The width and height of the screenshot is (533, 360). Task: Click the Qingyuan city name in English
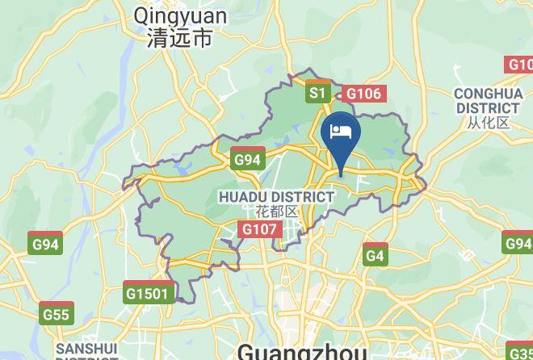pos(180,15)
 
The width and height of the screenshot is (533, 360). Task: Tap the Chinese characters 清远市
pos(180,38)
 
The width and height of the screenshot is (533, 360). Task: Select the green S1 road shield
pos(317,94)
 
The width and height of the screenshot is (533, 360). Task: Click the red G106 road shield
pos(363,94)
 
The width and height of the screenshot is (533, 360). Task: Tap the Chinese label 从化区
pos(488,123)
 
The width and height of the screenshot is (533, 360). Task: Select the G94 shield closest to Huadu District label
pos(248,159)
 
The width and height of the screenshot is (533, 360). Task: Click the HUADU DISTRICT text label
pos(276,196)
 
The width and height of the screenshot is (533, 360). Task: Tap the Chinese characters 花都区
pos(276,211)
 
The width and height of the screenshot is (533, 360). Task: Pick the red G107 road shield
pos(260,229)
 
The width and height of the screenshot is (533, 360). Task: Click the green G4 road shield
pos(375,255)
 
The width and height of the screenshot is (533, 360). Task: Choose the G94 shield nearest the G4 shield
pos(518,244)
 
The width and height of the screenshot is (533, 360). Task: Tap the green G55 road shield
pos(57,314)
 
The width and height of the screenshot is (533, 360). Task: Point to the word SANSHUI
pos(86,350)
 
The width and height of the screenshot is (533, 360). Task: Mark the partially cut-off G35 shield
pos(520,352)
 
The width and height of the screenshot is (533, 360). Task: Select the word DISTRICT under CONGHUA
pos(488,108)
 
